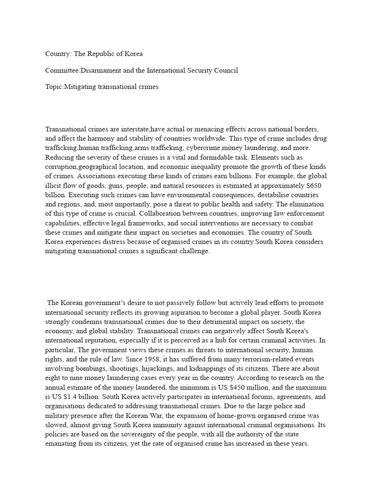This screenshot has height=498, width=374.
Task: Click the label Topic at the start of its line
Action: click(x=54, y=87)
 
